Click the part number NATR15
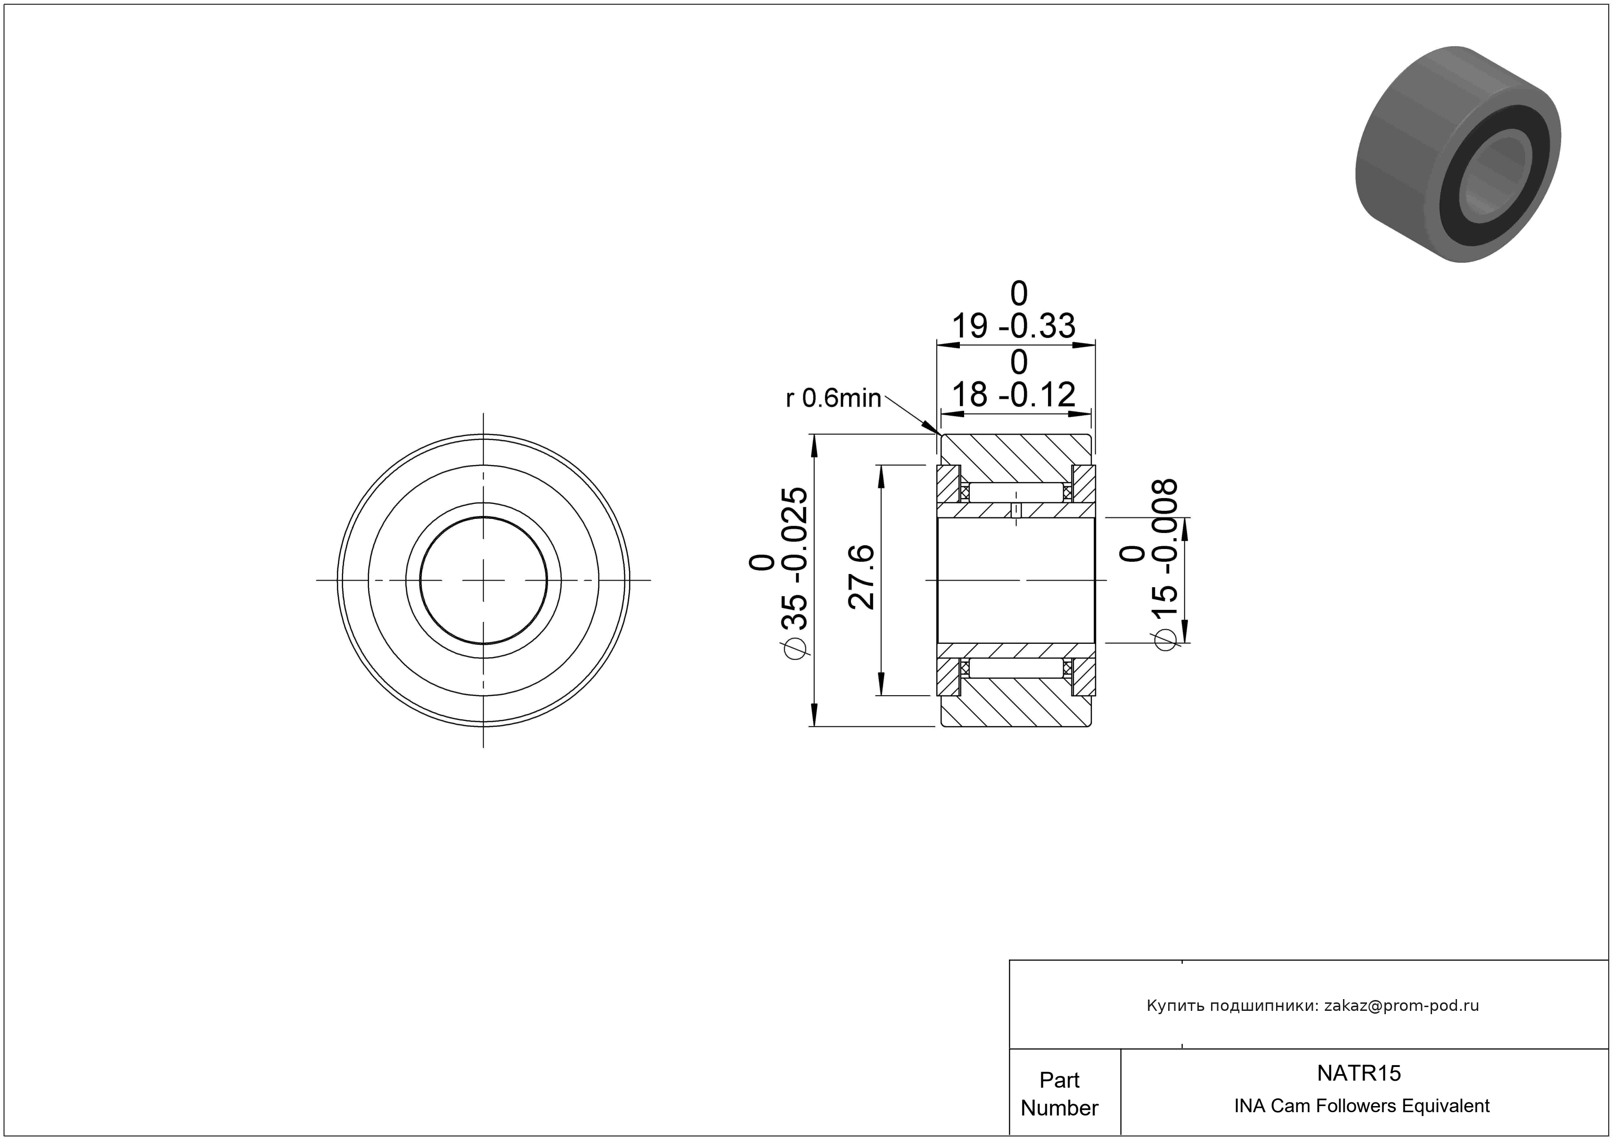click(1359, 1073)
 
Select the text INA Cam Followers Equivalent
click(1361, 1106)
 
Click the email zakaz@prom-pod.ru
click(1401, 1006)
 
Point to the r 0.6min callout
click(833, 398)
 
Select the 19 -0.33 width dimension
click(1013, 311)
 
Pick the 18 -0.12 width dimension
click(1013, 379)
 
